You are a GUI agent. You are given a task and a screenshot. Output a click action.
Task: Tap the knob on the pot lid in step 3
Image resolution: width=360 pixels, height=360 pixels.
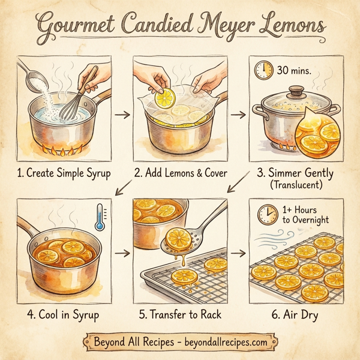coord(296,92)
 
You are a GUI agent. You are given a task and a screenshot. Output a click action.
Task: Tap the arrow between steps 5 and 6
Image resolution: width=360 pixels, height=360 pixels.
coord(239,253)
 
